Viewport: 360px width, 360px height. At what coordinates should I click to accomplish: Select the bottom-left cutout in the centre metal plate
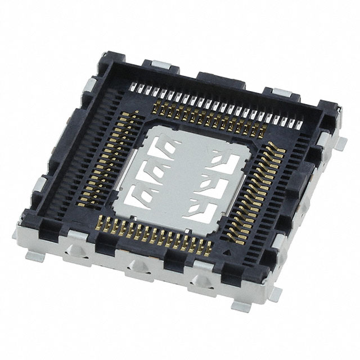(x=138, y=194)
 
